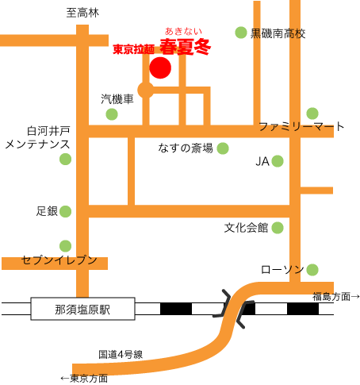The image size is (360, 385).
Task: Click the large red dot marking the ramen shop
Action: [160, 67]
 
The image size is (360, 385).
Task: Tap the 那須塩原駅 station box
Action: [82, 309]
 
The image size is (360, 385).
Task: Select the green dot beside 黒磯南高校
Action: [241, 33]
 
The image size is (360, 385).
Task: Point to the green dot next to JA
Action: [278, 161]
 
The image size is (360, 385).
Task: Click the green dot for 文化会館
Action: [278, 228]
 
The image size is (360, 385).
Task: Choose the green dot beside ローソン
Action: [312, 270]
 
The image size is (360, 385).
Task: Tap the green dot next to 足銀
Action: [65, 211]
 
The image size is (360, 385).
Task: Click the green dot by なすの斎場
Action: [223, 148]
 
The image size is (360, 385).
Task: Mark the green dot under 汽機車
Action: [112, 114]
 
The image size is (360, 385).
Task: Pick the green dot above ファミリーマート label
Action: [312, 114]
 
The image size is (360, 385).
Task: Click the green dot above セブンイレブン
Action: [65, 246]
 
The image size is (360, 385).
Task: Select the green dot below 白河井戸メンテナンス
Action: [65, 159]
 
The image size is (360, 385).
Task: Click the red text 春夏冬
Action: [186, 47]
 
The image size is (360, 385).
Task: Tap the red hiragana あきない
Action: [183, 31]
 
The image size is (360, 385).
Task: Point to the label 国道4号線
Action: [121, 355]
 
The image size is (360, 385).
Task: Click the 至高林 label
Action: [82, 13]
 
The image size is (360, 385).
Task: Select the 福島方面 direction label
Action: [336, 297]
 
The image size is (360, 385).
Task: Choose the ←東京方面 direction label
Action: [84, 379]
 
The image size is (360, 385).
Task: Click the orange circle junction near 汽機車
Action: [146, 90]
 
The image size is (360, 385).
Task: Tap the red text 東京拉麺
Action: [133, 49]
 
